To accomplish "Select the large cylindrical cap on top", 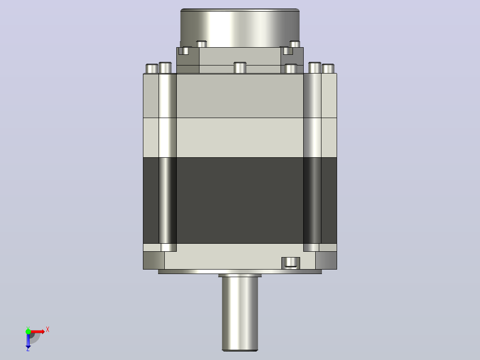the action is tap(240, 28).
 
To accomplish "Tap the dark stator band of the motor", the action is tap(240, 200).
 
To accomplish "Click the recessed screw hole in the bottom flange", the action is tap(290, 263).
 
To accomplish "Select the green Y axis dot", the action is tap(28, 331).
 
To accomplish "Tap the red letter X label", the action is tap(48, 330).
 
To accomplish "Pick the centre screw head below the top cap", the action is tap(240, 68).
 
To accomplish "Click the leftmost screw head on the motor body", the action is tap(152, 69).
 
